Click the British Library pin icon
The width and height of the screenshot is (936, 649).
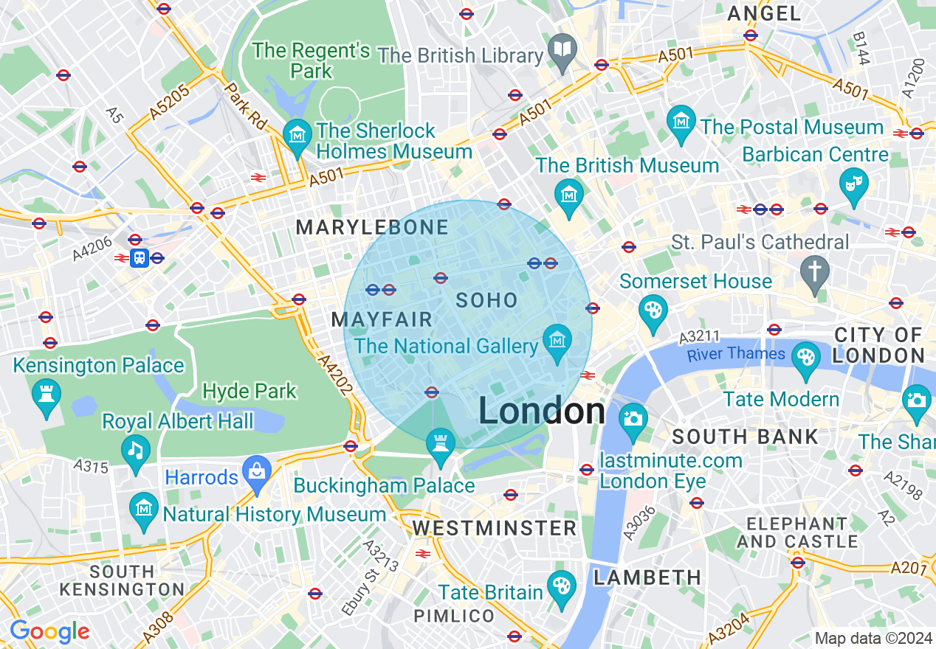coord(562,50)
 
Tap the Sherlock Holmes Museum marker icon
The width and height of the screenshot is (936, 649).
coord(297,136)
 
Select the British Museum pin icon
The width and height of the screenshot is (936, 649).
coord(568,195)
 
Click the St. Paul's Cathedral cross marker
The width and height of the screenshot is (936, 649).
coord(815,271)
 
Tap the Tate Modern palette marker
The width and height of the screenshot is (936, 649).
coord(805,358)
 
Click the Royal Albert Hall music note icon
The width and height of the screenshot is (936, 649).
coord(135,450)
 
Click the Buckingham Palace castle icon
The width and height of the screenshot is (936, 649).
coord(441,444)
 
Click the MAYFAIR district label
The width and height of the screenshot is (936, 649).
coord(382,320)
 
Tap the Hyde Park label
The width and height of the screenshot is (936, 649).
coord(250,391)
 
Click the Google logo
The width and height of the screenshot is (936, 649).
coord(49,632)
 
